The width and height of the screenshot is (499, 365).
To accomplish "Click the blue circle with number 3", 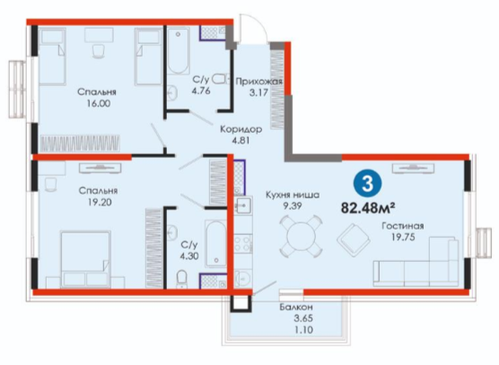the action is [368, 184].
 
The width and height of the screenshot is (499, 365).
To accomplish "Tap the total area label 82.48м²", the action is [368, 208].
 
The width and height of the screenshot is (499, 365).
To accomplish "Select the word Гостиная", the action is [403, 226].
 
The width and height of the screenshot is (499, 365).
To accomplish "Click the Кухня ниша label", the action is [293, 195].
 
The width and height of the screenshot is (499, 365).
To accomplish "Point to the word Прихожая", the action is [258, 82].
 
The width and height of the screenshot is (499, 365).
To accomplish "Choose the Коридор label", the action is [241, 129].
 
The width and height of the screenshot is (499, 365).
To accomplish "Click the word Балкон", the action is [296, 307].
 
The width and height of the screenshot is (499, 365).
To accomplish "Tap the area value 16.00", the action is [99, 104].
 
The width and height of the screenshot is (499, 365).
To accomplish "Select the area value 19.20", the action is [100, 202].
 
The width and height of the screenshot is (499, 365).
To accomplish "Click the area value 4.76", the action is [201, 91].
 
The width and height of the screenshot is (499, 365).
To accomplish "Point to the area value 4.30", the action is [189, 256].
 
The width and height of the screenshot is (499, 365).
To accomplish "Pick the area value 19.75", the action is [403, 237].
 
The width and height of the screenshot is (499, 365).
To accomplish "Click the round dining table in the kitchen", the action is [301, 236].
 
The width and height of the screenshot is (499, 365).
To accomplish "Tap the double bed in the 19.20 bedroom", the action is [85, 259].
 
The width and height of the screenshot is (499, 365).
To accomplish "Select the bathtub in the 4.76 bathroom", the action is [179, 51].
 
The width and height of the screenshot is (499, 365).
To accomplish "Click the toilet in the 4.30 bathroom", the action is [181, 279].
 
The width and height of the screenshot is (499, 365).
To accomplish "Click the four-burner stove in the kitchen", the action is [243, 244].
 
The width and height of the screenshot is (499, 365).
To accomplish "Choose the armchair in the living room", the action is [354, 240].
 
